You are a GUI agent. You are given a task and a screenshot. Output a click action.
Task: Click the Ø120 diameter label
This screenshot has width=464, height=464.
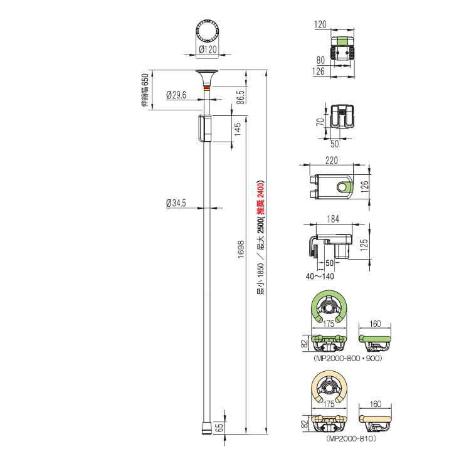[x=208, y=49]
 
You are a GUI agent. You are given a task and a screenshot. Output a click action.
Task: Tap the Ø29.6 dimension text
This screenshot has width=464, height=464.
[x=176, y=95]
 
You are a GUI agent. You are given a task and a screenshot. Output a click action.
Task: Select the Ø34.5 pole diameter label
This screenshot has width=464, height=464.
[x=176, y=203]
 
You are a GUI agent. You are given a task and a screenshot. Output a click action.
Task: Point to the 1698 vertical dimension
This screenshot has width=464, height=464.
[x=241, y=250]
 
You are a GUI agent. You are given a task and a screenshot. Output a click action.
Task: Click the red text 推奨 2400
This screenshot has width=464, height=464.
[x=260, y=198]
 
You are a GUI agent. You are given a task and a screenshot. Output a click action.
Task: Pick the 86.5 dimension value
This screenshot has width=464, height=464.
[x=241, y=97]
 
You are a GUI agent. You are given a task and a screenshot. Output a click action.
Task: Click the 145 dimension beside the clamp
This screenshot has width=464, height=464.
[x=237, y=129]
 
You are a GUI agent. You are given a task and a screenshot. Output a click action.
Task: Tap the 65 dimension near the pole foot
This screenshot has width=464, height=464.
[x=219, y=428]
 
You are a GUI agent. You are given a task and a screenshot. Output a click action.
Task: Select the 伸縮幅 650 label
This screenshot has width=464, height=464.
[x=145, y=90]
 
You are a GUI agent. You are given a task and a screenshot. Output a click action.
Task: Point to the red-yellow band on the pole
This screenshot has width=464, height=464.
[x=207, y=87]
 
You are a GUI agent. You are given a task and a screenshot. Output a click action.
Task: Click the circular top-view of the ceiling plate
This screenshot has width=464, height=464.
[x=207, y=31]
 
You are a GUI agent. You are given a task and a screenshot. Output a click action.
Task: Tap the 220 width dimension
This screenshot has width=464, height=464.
[x=332, y=161]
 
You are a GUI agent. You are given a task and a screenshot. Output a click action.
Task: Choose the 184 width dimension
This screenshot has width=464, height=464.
[x=333, y=219]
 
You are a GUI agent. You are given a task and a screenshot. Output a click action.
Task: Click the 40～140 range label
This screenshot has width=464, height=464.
[x=320, y=277]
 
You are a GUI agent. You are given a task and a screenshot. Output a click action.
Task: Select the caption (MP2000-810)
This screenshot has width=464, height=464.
[x=351, y=438]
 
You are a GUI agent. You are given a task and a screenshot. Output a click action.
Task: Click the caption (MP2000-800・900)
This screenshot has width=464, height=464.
[x=348, y=359]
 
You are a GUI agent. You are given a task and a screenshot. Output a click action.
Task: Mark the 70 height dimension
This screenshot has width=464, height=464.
[x=320, y=122]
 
